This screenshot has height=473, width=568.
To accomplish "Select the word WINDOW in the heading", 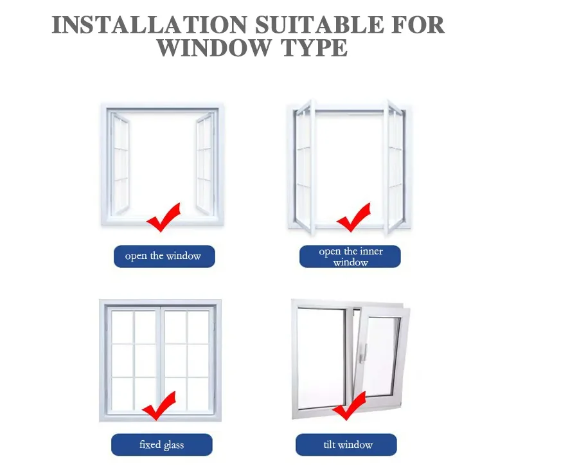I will tap(218, 48).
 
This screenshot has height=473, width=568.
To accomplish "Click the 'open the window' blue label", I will tap(163, 256).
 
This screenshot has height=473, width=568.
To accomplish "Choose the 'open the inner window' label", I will tap(350, 256).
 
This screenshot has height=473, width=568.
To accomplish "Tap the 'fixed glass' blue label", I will tap(161, 445).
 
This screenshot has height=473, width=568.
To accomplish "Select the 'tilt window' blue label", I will tap(346, 445).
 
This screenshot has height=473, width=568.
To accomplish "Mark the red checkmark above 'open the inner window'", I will tap(354, 217).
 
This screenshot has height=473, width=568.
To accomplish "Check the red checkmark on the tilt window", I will tap(350, 406).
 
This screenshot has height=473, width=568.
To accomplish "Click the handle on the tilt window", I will tap(364, 352).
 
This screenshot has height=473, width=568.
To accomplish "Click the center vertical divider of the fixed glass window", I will tap(160, 360).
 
